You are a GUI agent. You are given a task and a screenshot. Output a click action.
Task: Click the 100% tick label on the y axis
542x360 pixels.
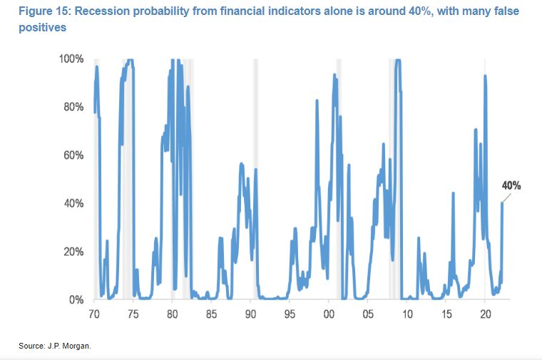point(72,58)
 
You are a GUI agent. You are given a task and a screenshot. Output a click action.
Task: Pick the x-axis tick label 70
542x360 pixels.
point(94,314)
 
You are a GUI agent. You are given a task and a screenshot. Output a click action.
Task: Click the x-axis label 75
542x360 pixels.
point(133,314)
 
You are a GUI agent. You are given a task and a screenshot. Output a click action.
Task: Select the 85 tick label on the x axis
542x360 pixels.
point(211,314)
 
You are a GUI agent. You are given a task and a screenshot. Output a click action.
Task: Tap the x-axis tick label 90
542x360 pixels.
point(250,314)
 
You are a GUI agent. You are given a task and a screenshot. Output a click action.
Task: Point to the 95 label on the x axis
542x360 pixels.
point(290,314)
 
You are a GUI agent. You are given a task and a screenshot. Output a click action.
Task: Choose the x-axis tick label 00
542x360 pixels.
point(328,314)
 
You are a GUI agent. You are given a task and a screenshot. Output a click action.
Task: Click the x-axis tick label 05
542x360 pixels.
point(367,314)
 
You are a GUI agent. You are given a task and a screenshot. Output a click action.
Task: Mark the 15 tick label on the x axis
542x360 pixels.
point(446,314)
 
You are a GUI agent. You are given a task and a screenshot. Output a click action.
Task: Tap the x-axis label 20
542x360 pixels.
point(485,314)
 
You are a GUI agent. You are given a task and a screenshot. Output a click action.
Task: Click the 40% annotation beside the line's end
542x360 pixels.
point(511,185)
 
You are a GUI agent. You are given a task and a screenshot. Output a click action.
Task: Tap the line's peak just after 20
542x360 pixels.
point(486,76)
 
